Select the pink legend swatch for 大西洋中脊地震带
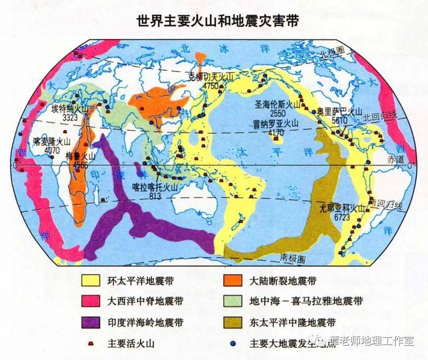pos(90,301)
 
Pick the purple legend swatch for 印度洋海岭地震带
pos(90,322)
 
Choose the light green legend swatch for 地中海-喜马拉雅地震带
pos(233,301)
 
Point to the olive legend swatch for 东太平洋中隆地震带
pos(233,322)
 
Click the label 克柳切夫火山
pos(206,78)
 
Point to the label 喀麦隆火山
pos(52,142)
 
